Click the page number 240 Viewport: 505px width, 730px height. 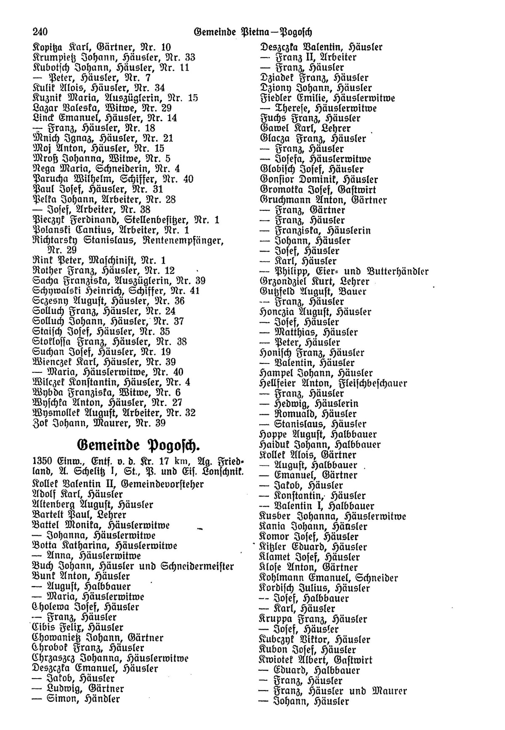point(40,32)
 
